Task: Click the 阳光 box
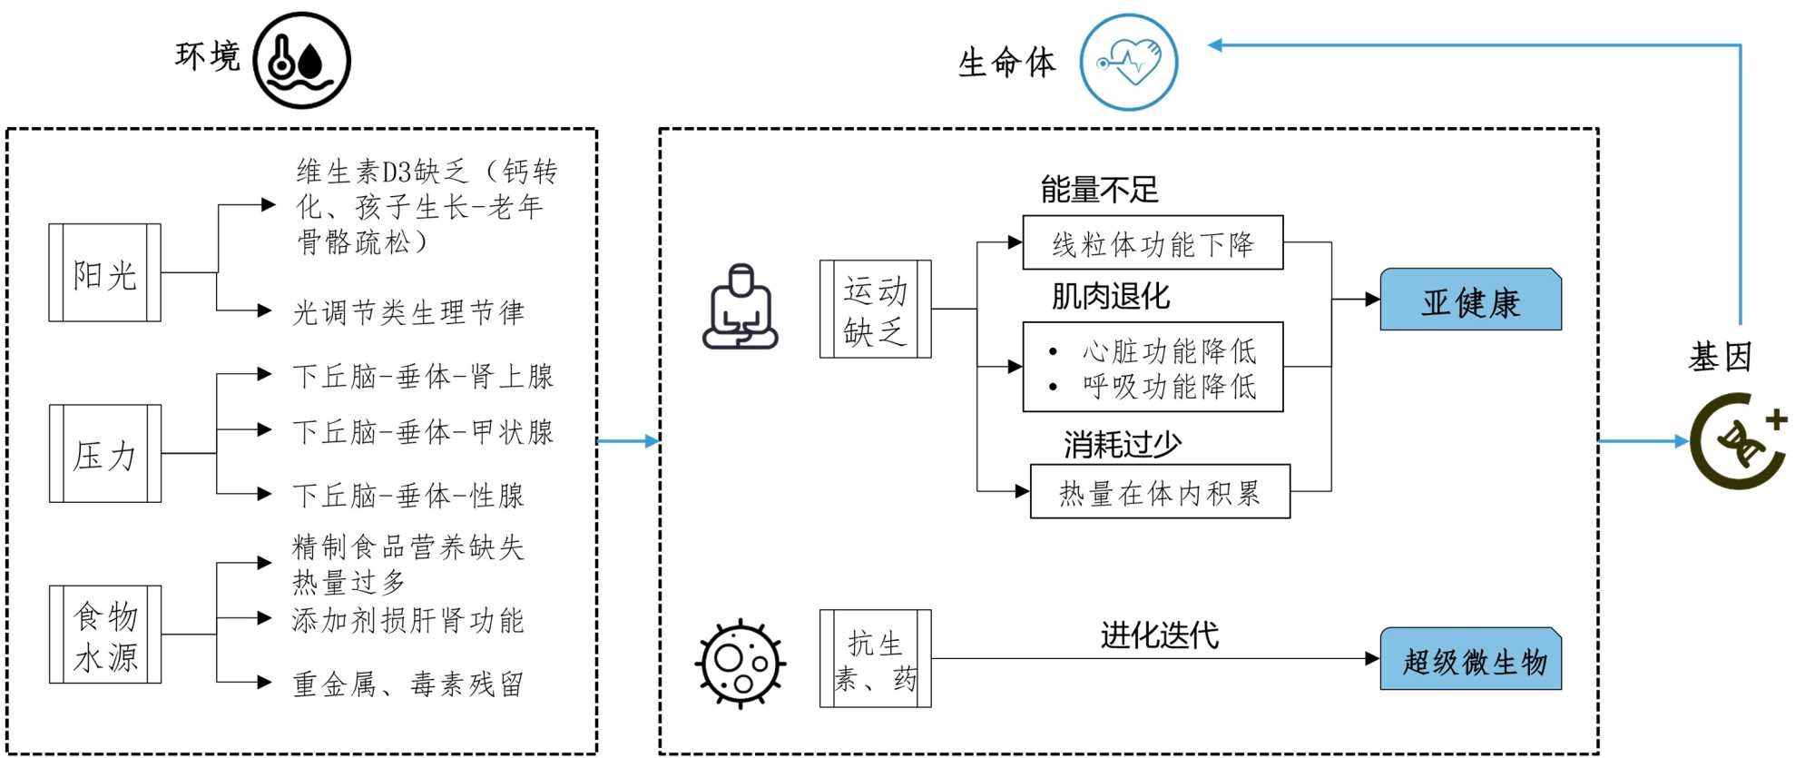coord(104,273)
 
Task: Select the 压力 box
coord(104,454)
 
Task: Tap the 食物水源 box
coord(104,635)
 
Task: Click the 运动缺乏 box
coord(875,310)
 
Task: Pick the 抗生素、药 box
coord(875,659)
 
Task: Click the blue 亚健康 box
coord(1470,300)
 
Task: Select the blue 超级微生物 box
coord(1470,660)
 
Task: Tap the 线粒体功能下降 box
coord(1153,243)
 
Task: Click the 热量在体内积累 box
coord(1160,493)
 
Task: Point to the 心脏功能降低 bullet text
coord(1169,350)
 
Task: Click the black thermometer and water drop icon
coord(301,60)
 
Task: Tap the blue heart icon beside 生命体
coord(1129,63)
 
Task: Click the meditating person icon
coord(741,308)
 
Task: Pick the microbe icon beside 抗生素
coord(740,663)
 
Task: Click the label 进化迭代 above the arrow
coord(1159,635)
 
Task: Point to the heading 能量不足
coord(1099,190)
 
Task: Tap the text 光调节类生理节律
coord(408,312)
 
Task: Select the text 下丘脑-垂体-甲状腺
coord(423,431)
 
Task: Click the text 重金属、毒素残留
coord(408,684)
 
